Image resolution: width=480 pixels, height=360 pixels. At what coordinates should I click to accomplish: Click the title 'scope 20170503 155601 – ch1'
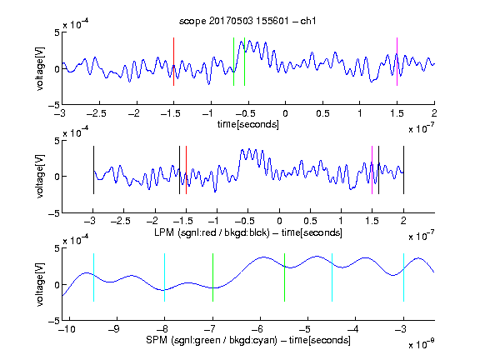(x=247, y=21)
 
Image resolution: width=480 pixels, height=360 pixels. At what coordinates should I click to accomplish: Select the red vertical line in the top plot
(x=173, y=62)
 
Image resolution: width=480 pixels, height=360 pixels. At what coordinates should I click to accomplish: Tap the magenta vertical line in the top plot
(x=397, y=62)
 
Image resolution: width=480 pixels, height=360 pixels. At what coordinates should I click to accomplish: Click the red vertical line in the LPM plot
(x=186, y=170)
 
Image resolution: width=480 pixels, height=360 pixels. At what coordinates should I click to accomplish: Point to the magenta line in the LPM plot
(x=372, y=170)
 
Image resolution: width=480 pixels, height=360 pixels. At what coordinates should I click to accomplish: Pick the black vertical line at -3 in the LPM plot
(x=93, y=170)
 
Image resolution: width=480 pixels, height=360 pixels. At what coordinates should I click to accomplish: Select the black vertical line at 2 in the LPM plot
(x=403, y=170)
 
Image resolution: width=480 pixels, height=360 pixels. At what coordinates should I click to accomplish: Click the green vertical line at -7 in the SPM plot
(x=212, y=277)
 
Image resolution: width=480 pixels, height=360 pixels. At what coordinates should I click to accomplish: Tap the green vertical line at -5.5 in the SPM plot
(x=284, y=277)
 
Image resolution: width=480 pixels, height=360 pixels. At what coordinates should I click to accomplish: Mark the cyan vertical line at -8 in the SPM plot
(x=164, y=277)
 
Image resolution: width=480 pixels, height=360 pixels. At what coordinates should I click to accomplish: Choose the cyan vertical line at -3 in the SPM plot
(x=403, y=277)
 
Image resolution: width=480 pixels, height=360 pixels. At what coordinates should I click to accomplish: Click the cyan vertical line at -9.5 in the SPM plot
(x=93, y=277)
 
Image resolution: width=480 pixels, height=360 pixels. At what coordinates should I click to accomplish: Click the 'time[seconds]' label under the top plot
(x=248, y=124)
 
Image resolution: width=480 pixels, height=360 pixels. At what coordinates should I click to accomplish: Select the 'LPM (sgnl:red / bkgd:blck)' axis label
(x=212, y=232)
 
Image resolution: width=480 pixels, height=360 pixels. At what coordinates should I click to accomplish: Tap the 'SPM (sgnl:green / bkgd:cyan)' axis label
(x=212, y=340)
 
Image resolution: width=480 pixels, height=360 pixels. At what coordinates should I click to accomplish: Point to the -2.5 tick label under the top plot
(x=97, y=113)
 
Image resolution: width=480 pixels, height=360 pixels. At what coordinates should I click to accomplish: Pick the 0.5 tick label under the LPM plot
(x=310, y=221)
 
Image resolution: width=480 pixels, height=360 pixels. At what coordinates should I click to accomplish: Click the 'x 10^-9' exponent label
(x=422, y=344)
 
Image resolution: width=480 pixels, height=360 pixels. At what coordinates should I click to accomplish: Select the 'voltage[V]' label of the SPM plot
(x=40, y=284)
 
